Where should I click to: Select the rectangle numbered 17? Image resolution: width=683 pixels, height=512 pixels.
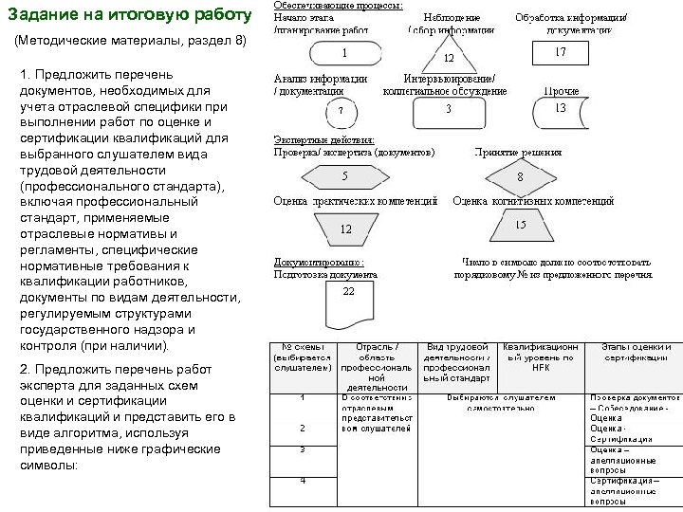pos(559,53)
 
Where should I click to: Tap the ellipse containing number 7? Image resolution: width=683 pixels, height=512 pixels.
pos(340,113)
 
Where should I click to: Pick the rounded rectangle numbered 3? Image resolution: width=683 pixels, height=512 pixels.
pos(448,110)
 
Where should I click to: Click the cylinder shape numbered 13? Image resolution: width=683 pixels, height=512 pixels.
pos(560,110)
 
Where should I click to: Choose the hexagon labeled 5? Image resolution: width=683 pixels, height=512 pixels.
pos(344,176)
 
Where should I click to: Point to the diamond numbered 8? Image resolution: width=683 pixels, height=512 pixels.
pos(520,177)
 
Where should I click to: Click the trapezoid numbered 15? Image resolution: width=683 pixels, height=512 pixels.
pos(520,226)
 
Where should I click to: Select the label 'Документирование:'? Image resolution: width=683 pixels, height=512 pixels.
pos(319,262)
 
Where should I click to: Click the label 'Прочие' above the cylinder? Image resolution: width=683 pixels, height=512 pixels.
pos(561,91)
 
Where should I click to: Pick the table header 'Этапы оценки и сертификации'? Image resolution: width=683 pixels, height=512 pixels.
pos(637,351)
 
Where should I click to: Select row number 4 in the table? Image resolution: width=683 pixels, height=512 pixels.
pos(302,480)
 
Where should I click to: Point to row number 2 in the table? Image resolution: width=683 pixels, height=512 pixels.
pos(302,427)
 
